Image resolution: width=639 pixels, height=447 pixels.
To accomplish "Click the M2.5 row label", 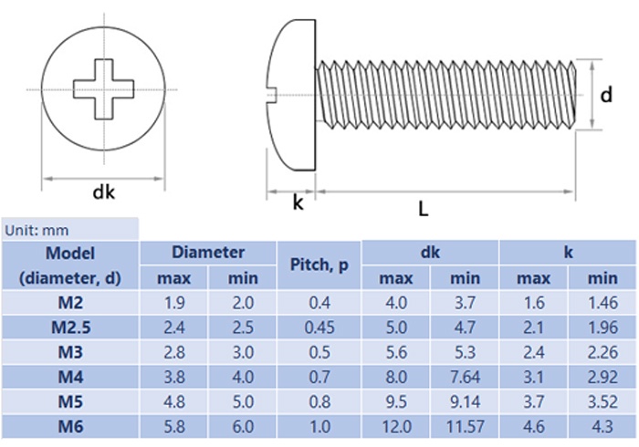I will pos(70,327).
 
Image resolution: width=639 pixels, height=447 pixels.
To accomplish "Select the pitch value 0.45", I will pos(319,327).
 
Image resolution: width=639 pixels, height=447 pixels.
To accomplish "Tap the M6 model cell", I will pos(70,426).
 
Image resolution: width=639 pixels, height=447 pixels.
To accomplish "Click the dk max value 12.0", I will pos(396,426).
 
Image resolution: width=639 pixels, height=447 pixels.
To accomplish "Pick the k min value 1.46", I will pos(602,303).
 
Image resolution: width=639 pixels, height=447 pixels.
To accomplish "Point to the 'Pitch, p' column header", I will pos(319,265).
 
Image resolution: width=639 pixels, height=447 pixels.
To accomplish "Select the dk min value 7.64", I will pos(465,377).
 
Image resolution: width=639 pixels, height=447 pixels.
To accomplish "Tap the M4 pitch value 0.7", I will pos(319,377).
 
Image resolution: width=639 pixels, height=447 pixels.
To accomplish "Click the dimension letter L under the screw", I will pos(423,209).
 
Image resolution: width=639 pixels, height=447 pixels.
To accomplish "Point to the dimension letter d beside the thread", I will pos(604,94).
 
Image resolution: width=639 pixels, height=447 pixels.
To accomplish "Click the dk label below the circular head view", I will pos(103,192).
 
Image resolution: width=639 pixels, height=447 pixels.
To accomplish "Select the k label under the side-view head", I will pos(297,202).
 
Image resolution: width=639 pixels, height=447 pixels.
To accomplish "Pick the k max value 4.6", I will pos(533,426).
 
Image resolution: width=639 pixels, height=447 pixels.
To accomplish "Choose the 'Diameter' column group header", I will pos(208,253).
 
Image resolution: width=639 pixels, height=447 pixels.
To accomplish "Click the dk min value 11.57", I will pos(465,426).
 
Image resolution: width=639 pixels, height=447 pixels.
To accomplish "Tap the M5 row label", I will pos(70,401).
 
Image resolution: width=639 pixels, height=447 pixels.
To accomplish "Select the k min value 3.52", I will pos(602,401).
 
